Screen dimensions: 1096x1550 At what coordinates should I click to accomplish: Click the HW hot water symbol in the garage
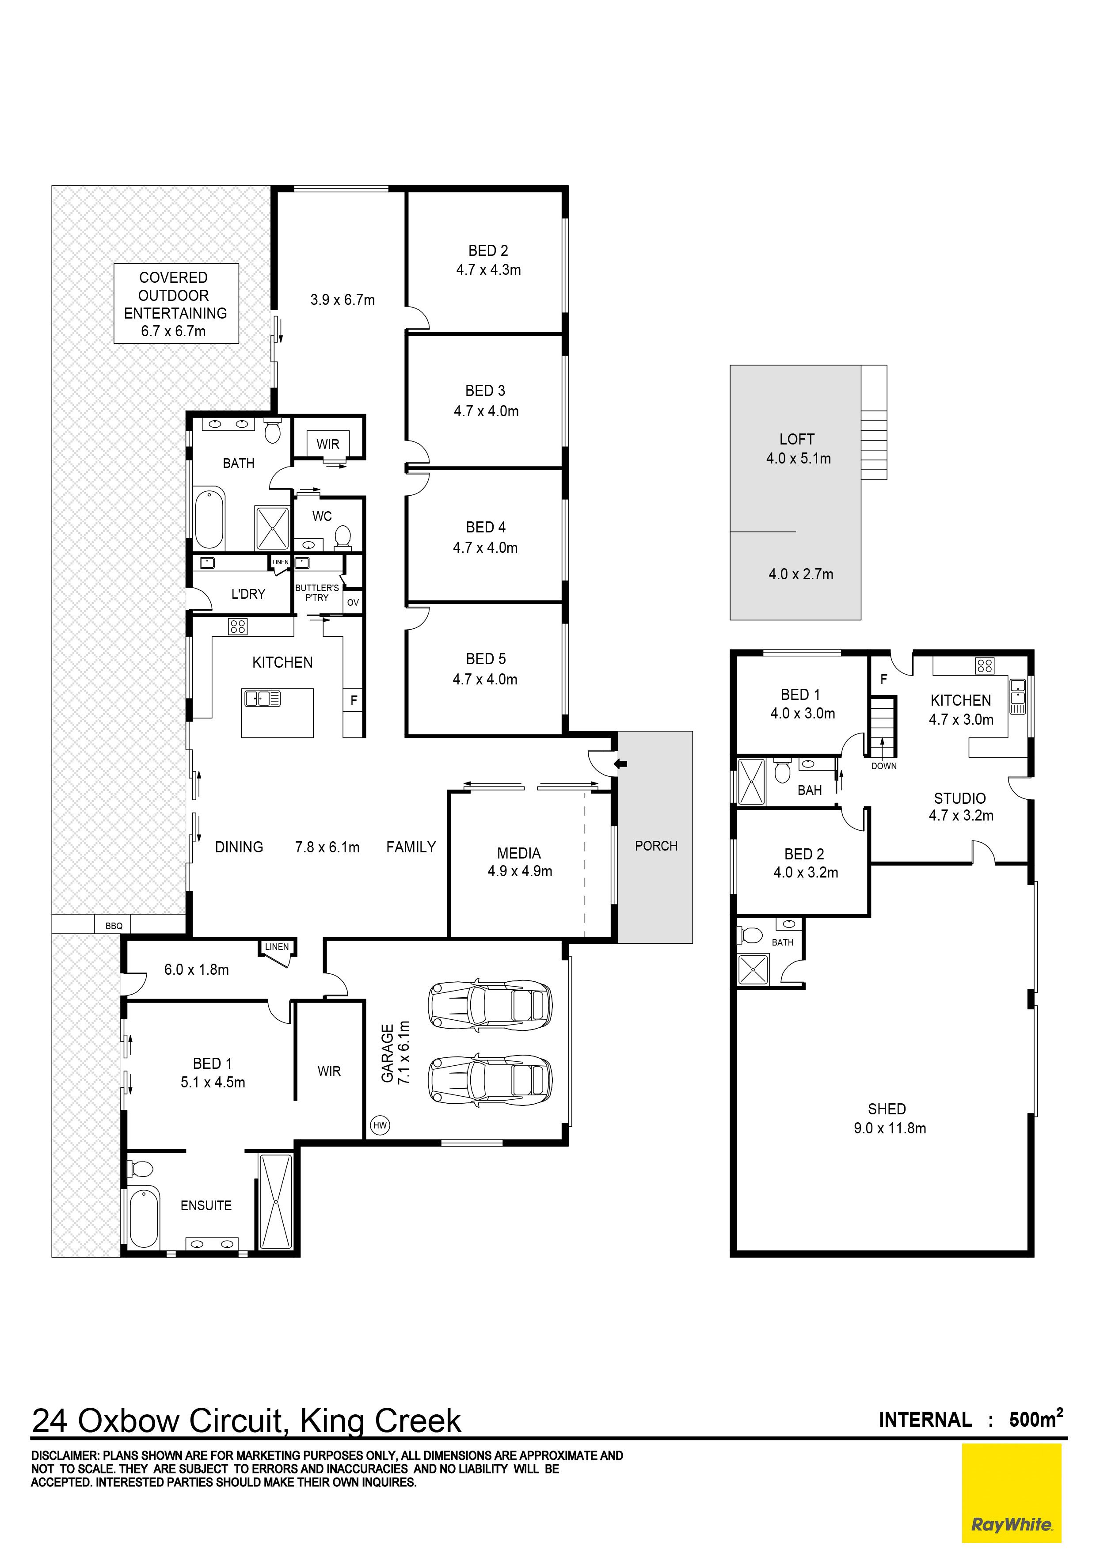380,1125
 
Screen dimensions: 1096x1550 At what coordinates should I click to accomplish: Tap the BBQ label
114,926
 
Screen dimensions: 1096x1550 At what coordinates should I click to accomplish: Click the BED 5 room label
486,659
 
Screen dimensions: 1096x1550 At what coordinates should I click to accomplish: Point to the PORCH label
656,846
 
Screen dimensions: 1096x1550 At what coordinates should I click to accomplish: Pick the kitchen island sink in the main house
263,698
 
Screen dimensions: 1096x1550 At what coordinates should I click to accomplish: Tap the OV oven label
353,602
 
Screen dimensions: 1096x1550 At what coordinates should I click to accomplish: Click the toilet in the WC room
343,537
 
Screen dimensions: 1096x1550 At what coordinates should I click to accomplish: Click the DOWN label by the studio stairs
883,766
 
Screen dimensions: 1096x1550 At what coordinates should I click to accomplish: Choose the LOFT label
797,439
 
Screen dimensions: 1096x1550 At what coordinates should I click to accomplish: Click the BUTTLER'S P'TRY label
317,593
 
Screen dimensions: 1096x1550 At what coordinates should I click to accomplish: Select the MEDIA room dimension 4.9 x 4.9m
520,871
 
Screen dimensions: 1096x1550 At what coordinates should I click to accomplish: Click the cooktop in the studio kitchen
985,666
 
